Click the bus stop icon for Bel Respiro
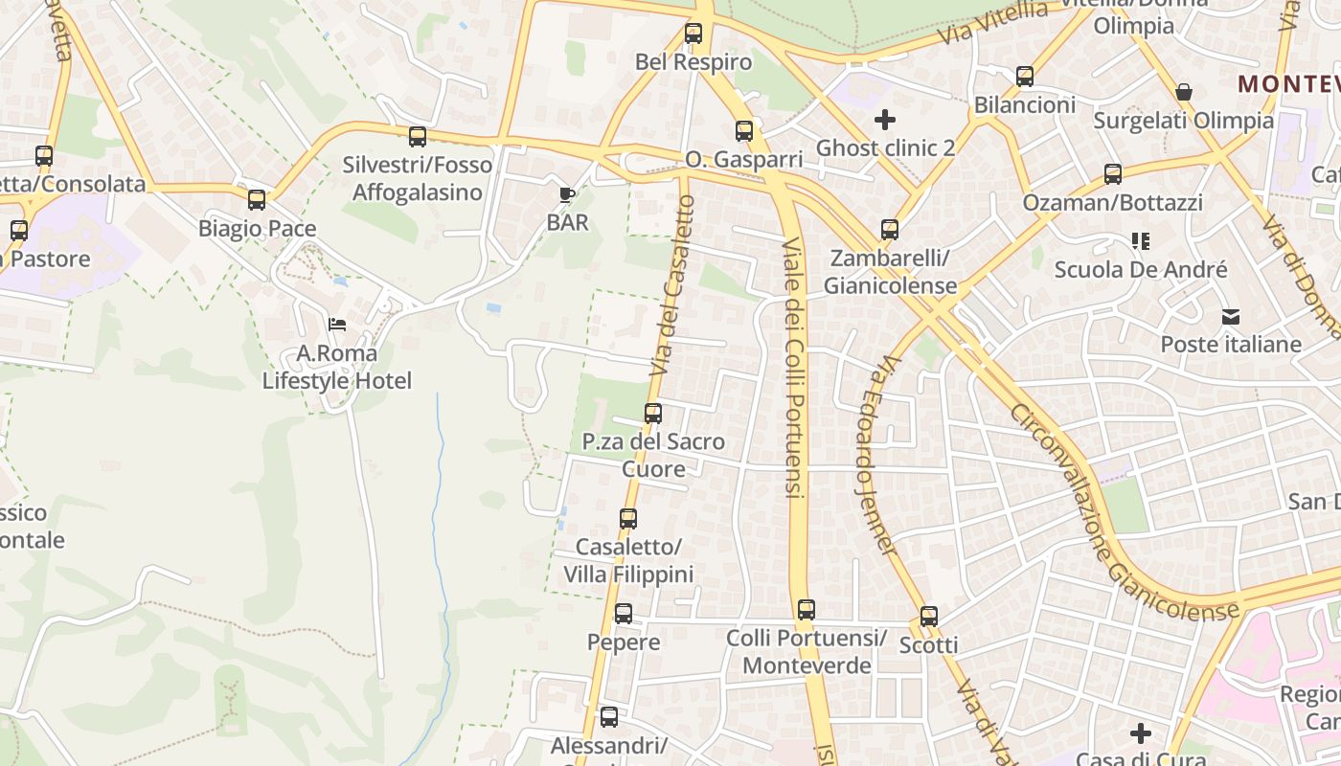point(693,34)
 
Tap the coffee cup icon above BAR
point(567,195)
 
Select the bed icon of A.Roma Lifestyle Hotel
point(337,326)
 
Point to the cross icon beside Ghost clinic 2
point(885,120)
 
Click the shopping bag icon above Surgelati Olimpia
point(1184,92)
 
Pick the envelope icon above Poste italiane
point(1231,317)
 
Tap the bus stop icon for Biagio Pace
point(257,200)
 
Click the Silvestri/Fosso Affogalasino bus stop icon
point(418,137)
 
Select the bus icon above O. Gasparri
point(744,131)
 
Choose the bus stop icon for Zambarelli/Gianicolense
point(890,230)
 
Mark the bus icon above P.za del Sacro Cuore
point(653,414)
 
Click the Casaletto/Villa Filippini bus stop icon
point(628,519)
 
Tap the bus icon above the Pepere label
point(624,614)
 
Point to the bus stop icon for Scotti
point(929,617)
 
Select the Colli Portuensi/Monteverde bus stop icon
point(807,610)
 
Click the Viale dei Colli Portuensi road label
point(792,369)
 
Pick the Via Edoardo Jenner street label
point(876,455)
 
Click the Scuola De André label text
point(1140,270)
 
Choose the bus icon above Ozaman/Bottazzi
point(1113,174)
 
